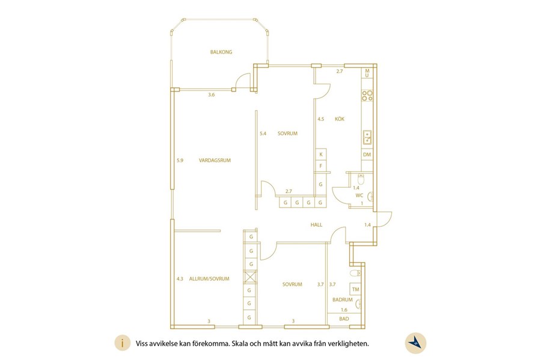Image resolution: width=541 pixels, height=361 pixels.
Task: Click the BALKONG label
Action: pos(221,52)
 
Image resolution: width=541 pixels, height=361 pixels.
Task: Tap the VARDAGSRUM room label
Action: pos(215,160)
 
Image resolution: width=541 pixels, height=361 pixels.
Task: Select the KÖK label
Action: pos(340,119)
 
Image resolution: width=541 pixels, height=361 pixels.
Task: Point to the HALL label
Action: pos(316,224)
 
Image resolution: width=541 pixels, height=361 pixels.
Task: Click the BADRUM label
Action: pos(343,300)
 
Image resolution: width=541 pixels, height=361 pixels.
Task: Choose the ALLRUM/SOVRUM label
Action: pos(209,279)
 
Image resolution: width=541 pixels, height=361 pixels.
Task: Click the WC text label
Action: pos(359,196)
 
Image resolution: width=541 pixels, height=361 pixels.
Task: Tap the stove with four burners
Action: pos(367,95)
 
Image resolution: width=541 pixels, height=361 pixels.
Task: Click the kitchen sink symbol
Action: pos(367,137)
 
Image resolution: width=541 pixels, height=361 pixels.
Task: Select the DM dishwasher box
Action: pos(367,155)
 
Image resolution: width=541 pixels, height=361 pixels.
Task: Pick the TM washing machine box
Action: pos(355,289)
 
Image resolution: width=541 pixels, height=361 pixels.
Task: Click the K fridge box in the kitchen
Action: pos(321,155)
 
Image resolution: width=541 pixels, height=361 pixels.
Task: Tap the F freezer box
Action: pos(321,166)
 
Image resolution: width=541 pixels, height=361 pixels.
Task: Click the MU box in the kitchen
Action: pos(367,73)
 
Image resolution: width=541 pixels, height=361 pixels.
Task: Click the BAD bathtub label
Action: pos(344,319)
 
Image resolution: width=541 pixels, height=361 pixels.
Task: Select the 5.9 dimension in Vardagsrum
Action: pos(180,160)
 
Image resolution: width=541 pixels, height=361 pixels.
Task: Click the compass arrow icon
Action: pos(415,343)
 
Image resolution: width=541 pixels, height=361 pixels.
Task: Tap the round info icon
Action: pos(123,343)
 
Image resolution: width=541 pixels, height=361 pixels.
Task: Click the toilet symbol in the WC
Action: pos(361,180)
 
